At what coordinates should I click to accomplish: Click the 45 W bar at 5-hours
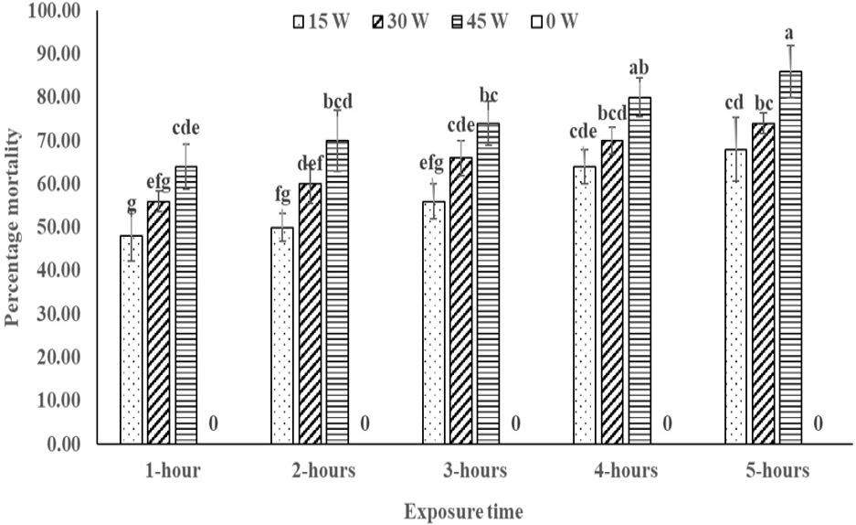(790, 257)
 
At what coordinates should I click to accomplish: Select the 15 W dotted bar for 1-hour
(131, 340)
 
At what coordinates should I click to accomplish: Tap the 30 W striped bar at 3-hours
(460, 301)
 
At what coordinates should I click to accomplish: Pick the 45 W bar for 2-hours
(337, 293)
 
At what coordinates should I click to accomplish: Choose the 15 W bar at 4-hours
(585, 305)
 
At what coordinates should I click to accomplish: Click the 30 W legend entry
(402, 21)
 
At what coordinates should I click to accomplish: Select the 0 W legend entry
(555, 21)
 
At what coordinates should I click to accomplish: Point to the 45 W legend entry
(481, 21)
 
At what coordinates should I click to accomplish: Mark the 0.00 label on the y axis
(64, 445)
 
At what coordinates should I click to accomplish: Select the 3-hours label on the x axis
(474, 470)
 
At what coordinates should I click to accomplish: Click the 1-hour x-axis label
(173, 470)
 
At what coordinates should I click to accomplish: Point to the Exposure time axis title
(463, 512)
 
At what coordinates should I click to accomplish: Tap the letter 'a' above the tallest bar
(788, 34)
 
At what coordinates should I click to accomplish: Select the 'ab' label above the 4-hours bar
(639, 68)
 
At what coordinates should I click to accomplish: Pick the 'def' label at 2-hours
(311, 162)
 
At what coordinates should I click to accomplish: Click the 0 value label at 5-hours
(818, 423)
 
